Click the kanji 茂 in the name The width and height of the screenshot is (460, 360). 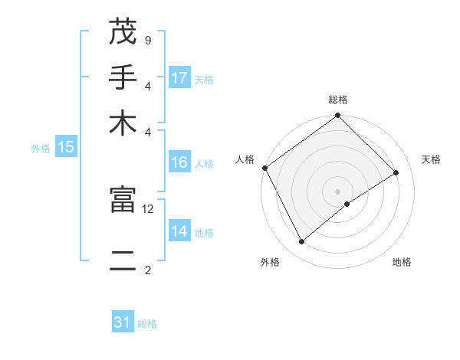click(122, 32)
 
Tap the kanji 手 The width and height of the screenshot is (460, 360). click(122, 77)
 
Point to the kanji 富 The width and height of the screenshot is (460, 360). click(122, 200)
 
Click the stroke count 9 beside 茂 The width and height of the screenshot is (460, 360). click(147, 40)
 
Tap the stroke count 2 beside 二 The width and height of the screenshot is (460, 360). click(147, 270)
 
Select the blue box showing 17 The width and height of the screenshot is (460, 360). click(179, 77)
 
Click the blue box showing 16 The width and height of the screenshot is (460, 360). click(179, 162)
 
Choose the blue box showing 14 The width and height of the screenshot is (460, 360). click(179, 231)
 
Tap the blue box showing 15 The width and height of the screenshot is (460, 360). click(66, 147)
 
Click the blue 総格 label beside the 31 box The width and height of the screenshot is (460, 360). click(147, 324)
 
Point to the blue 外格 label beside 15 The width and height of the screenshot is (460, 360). click(41, 149)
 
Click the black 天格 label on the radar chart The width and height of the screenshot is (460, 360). click(431, 159)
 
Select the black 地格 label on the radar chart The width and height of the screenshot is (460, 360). click(402, 262)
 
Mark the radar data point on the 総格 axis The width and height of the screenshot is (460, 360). click(337, 116)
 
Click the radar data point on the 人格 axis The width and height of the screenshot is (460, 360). click(264, 168)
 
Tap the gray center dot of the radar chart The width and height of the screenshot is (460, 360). click(337, 191)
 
